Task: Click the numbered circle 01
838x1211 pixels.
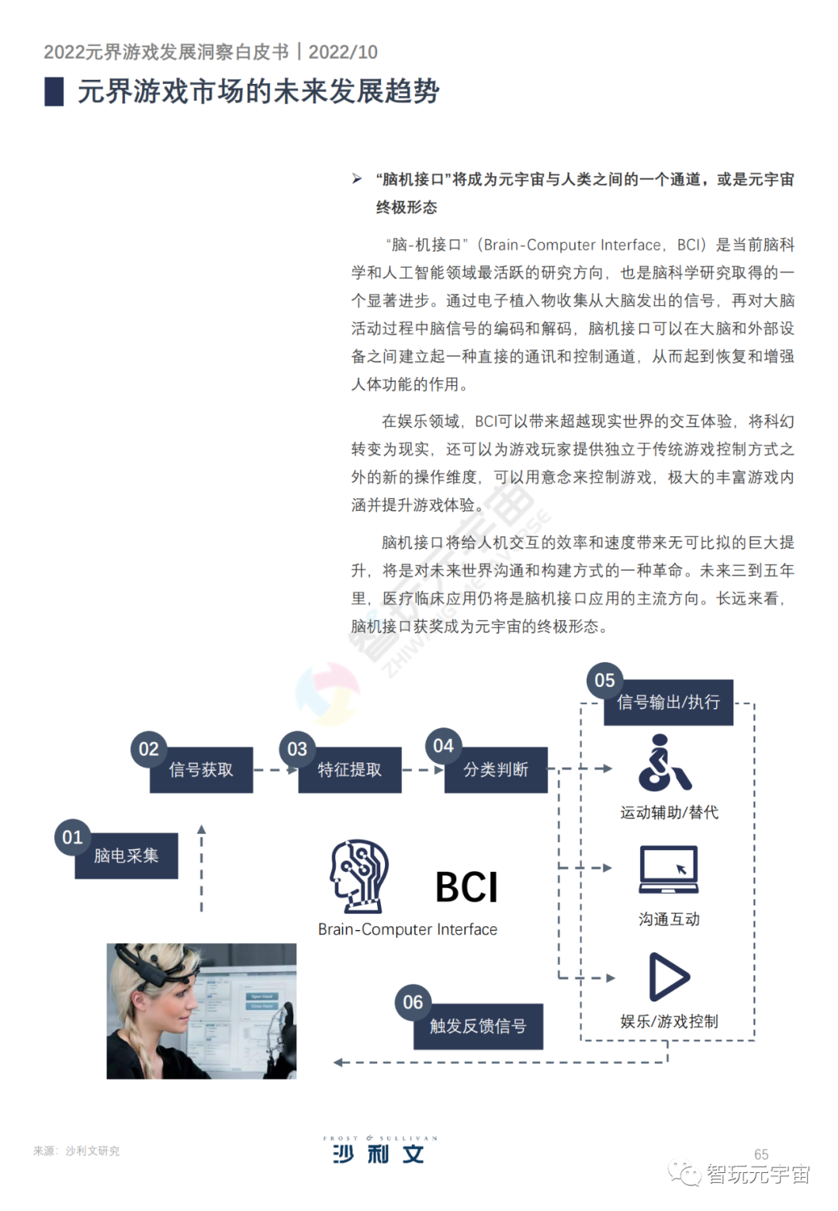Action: pos(72,837)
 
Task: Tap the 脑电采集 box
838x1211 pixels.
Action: pos(126,856)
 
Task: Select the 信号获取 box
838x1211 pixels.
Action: pos(201,770)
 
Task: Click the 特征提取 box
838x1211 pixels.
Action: pos(350,770)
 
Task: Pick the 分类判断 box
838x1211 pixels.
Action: pos(496,770)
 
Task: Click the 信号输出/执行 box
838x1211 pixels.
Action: pos(668,703)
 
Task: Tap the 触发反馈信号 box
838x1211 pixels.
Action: pos(478,1026)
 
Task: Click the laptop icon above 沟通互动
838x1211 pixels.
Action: pos(668,869)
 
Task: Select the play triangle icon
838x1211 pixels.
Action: pos(668,977)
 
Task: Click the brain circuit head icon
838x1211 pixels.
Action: pos(359,875)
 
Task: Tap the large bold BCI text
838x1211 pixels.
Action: pos(466,887)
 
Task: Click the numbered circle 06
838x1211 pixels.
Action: pos(413,1002)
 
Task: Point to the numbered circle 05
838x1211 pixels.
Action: pos(604,681)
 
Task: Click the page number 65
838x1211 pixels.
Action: pos(761,1154)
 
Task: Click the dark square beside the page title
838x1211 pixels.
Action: pos(54,92)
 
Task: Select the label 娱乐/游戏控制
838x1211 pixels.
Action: pos(669,1022)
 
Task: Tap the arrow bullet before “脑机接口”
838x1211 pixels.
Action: pos(357,179)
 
